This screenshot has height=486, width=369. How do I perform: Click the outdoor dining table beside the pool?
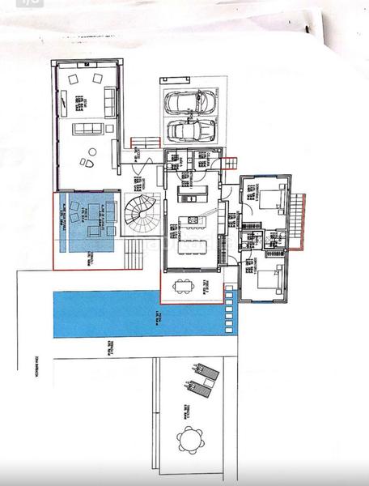(184, 285)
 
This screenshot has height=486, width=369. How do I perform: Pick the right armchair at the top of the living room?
(98, 79)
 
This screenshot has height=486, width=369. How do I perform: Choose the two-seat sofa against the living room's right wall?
(112, 100)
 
